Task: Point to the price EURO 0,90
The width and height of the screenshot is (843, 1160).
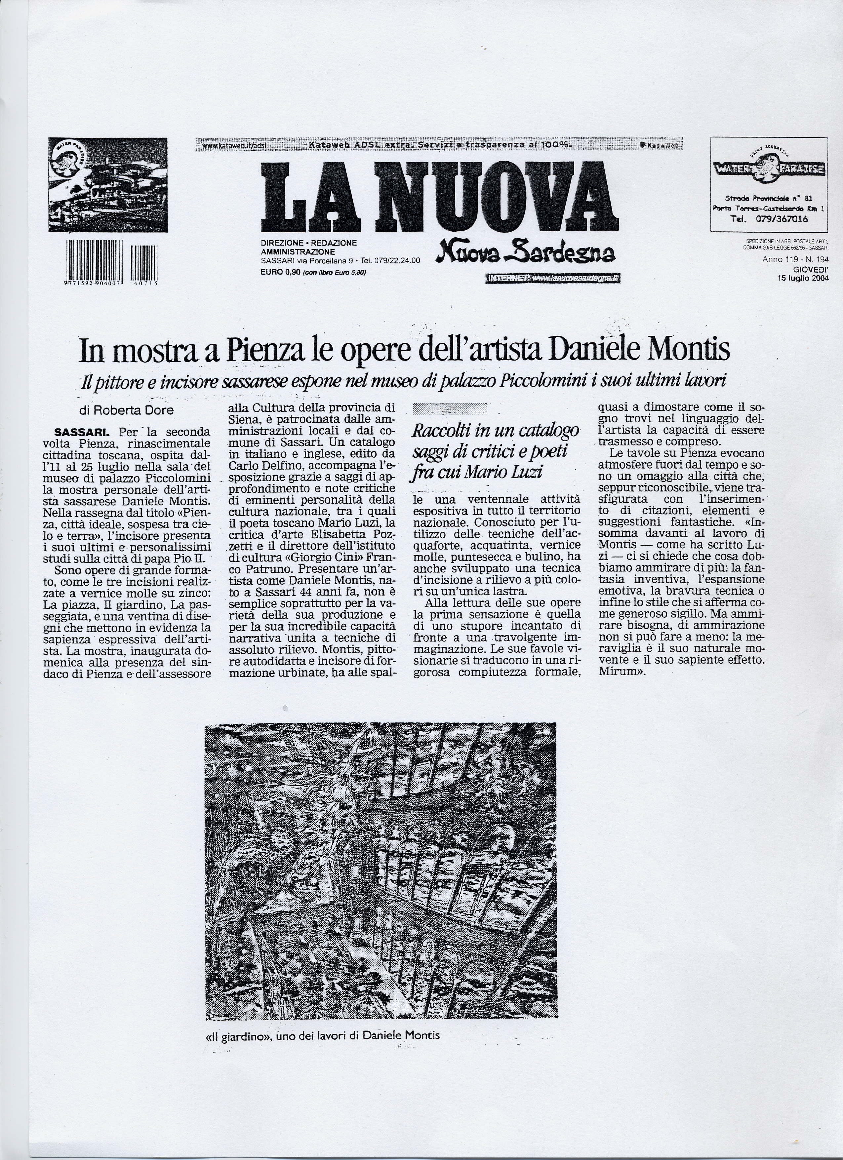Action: click(x=280, y=272)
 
